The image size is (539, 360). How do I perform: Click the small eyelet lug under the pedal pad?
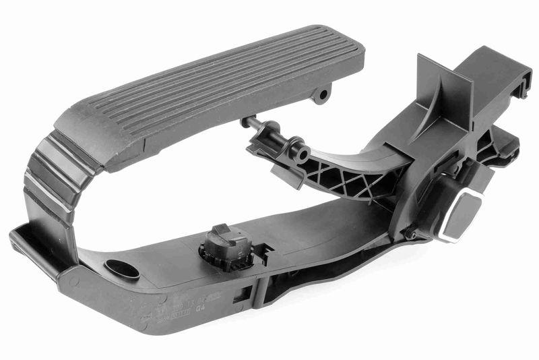coord(323,94)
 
